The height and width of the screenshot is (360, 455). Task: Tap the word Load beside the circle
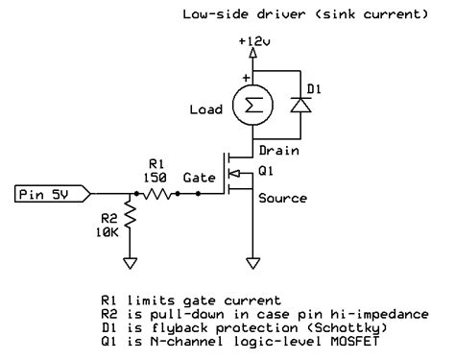click(207, 109)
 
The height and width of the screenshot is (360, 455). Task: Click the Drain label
click(279, 151)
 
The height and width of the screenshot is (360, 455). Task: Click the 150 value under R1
click(155, 179)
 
